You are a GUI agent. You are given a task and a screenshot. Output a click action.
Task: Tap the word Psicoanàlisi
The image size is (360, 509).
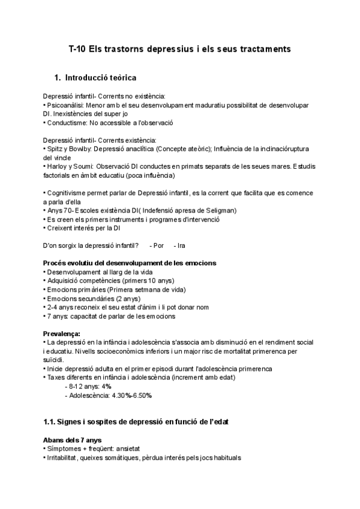point(67,105)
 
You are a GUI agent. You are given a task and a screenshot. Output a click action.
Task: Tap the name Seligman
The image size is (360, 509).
point(220,210)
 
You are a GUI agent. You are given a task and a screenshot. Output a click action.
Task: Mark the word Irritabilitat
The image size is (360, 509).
point(67,457)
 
